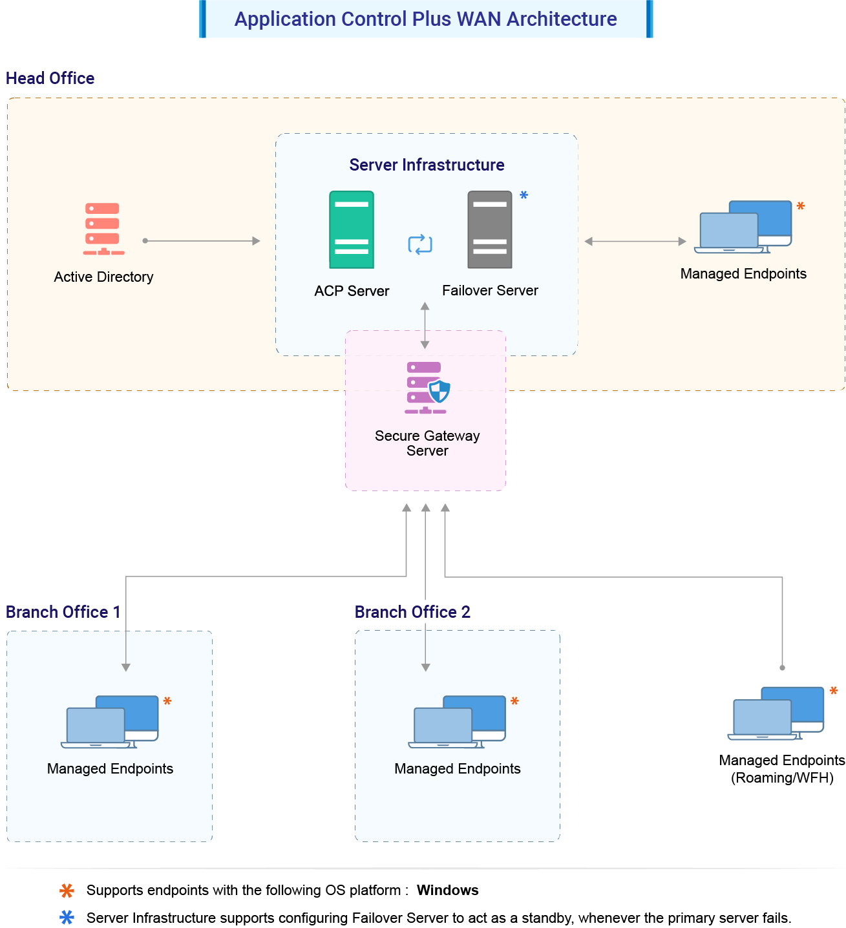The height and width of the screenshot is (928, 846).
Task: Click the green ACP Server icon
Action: click(352, 229)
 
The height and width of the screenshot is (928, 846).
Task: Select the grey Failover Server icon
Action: click(490, 229)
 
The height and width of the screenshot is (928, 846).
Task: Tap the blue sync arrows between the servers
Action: click(420, 244)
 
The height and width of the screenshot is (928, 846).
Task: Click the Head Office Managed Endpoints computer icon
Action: click(743, 227)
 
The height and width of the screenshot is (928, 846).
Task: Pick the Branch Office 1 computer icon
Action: click(110, 722)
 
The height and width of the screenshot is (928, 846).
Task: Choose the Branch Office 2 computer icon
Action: click(457, 722)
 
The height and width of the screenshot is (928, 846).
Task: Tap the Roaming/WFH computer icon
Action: click(776, 713)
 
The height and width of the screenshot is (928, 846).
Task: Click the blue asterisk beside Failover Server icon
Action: click(524, 195)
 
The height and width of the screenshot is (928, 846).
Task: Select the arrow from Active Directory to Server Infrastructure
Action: click(202, 241)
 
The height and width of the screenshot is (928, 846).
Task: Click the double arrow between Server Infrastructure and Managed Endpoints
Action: click(635, 242)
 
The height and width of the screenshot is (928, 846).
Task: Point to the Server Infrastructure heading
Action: click(427, 165)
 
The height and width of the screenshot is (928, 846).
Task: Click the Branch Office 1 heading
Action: click(63, 612)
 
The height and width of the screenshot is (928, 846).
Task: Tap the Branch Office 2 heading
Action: click(412, 612)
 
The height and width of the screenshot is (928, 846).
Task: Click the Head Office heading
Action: click(50, 78)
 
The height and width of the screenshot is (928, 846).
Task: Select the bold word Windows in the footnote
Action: click(447, 891)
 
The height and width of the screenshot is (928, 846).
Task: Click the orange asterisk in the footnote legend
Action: click(67, 891)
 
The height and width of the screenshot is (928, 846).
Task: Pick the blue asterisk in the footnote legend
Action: click(67, 918)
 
